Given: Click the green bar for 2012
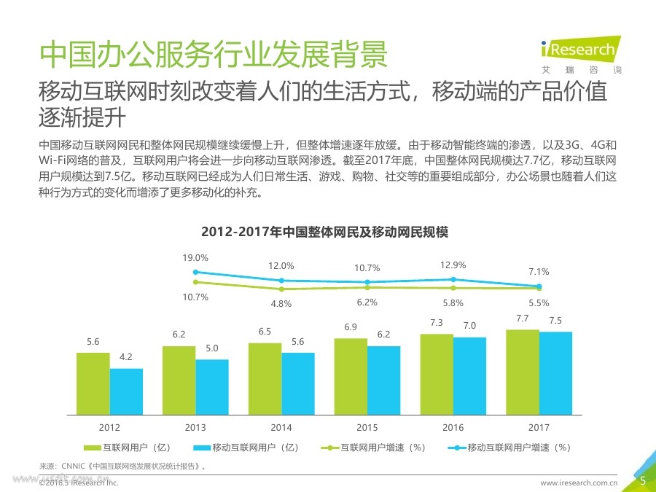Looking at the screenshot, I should [93, 383].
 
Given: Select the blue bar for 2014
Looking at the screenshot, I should [298, 383].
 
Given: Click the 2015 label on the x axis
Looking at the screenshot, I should [367, 428].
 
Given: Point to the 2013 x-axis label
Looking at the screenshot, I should [195, 428].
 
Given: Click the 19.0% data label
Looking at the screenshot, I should [195, 258].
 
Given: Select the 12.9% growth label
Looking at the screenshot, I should [453, 265].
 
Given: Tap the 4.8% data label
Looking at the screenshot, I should [281, 303].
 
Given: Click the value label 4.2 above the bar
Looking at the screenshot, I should [126, 357].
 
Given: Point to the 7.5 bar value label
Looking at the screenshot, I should [555, 321].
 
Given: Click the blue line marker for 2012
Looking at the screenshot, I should [195, 272].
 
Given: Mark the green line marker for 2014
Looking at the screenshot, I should [281, 289].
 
